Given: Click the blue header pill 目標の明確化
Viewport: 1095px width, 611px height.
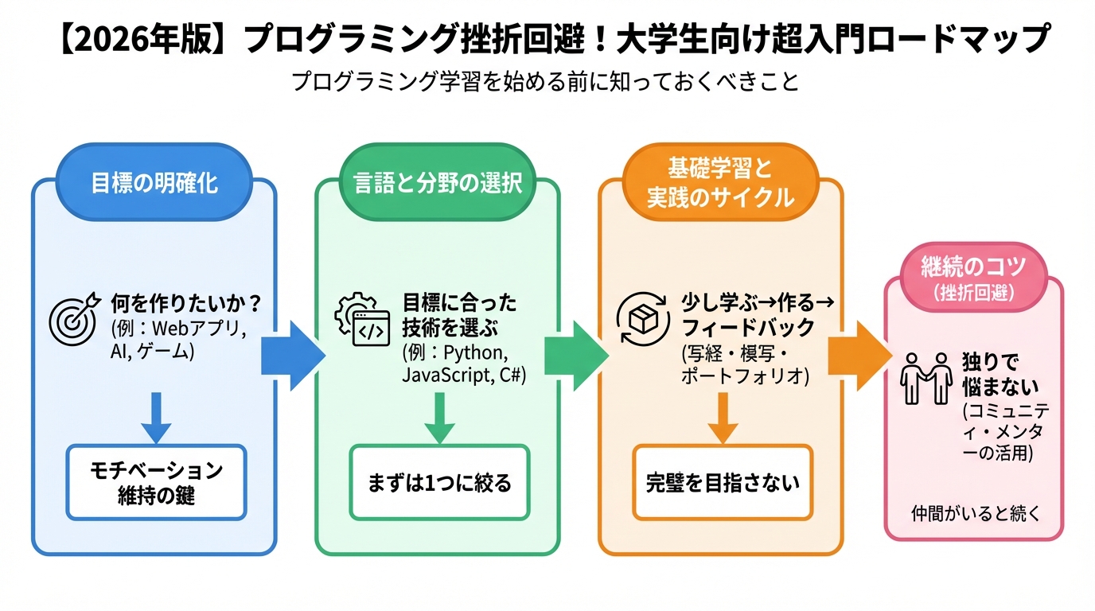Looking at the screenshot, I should coord(154,183).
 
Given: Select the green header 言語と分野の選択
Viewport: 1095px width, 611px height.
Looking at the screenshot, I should coord(438,183).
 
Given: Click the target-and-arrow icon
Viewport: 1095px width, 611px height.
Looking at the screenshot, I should coord(74,317).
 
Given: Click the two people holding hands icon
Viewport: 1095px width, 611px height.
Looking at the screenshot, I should coord(925,378).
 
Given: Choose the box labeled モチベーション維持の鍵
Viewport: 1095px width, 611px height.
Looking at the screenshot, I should coord(156,482).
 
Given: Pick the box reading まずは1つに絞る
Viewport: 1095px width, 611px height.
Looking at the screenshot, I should coord(439,482).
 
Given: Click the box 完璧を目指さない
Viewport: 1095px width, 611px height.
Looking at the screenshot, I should coord(723,482).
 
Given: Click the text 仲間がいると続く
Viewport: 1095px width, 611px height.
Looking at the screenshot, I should coord(975,513).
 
